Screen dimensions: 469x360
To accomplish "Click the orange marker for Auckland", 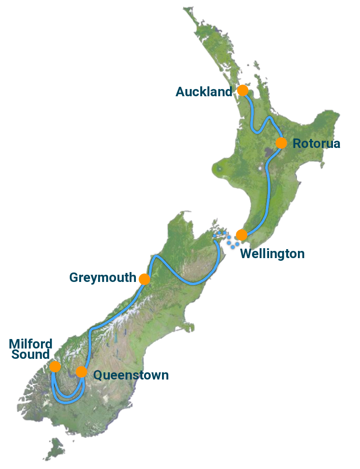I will point(243,90).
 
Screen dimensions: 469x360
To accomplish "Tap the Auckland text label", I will point(204,92).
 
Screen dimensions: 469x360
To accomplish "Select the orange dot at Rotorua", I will point(281,143).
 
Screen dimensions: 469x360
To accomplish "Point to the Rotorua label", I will point(316,144).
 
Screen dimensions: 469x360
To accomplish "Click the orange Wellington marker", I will point(242,235).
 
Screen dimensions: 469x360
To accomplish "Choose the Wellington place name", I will point(272,254).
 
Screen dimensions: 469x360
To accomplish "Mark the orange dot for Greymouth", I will point(144,279).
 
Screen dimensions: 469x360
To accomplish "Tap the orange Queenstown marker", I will point(81,372).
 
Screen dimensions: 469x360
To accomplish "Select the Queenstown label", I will point(131,375).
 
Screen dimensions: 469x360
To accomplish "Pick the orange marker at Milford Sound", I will point(55,366).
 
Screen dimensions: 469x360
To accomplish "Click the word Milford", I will point(31,344).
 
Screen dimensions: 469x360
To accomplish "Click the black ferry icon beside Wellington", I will point(232,243).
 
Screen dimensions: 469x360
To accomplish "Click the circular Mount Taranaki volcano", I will point(219,169).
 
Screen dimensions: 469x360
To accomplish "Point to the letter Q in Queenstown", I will point(98,375).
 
